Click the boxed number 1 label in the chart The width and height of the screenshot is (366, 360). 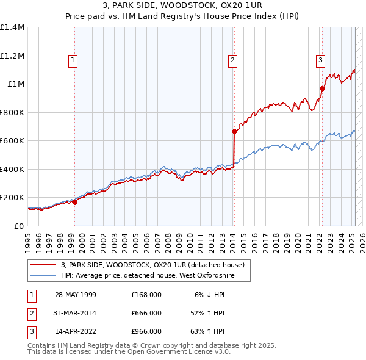(x=73, y=60)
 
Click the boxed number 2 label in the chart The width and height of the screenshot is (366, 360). (x=233, y=60)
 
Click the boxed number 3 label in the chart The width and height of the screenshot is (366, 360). (x=320, y=60)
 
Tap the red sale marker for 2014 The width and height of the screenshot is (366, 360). (x=234, y=131)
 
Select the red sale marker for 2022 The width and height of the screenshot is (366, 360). (x=322, y=88)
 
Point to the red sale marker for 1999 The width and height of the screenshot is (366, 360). (x=74, y=203)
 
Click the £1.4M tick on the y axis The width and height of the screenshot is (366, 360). (x=12, y=27)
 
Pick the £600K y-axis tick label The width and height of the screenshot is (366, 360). (x=12, y=141)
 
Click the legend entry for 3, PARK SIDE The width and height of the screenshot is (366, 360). (x=152, y=265)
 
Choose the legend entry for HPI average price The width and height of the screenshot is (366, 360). (x=156, y=276)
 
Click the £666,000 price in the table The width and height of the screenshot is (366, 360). (x=146, y=313)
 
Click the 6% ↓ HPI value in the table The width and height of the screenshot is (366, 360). (x=209, y=295)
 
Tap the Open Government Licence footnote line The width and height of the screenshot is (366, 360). (x=129, y=352)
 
